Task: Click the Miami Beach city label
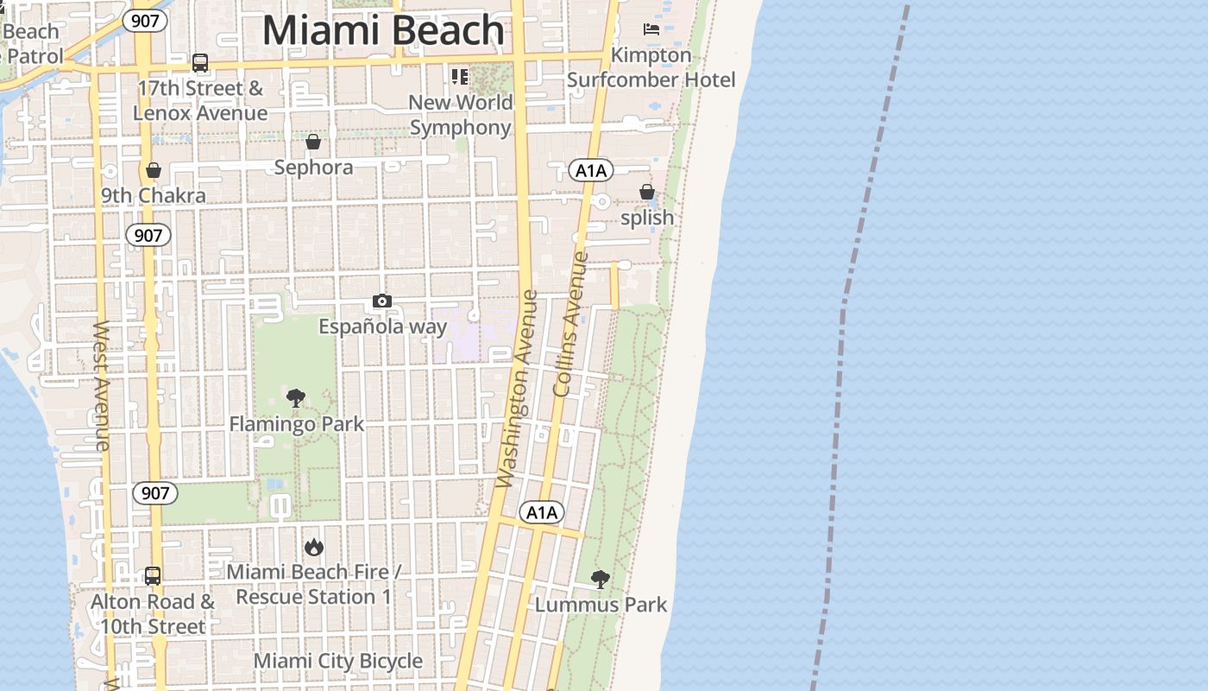click(x=383, y=31)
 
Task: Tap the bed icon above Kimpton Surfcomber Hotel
click(x=651, y=30)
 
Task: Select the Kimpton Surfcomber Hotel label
click(x=651, y=67)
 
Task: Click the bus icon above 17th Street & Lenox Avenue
click(x=200, y=62)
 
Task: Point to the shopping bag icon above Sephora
click(x=313, y=142)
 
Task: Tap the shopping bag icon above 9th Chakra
click(x=154, y=170)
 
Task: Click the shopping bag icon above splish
click(x=646, y=192)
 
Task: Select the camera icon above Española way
click(x=382, y=301)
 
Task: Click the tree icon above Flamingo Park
click(x=296, y=398)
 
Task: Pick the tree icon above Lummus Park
click(x=601, y=579)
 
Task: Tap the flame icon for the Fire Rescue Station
click(x=313, y=547)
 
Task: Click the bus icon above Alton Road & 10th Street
click(x=153, y=575)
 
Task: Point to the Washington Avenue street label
click(x=518, y=389)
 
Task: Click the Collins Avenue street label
click(x=570, y=324)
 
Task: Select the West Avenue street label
click(x=101, y=385)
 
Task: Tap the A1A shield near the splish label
click(x=591, y=170)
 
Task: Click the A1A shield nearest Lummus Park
click(x=543, y=512)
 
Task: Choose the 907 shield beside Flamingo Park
click(x=155, y=493)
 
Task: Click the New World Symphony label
click(x=461, y=115)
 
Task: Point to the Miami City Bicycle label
click(x=338, y=662)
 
